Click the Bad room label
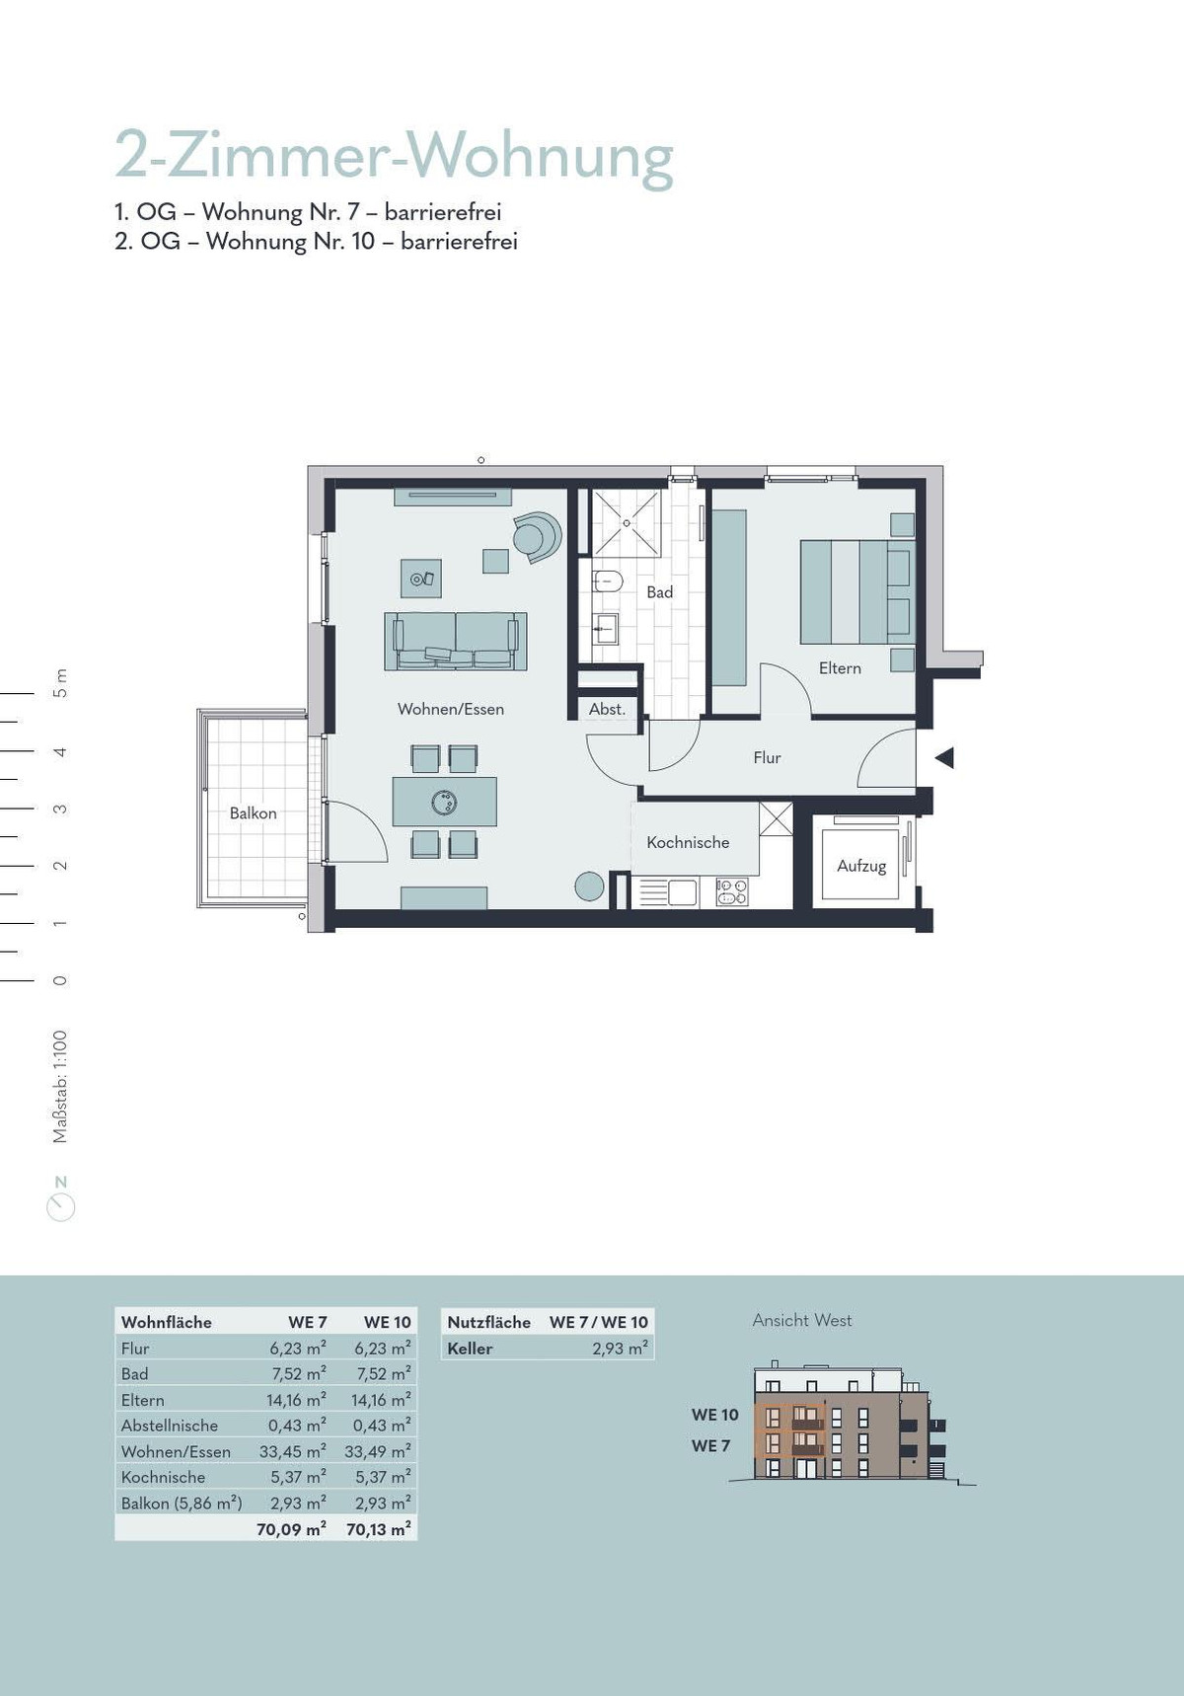(660, 592)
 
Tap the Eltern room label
(840, 668)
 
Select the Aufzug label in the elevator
(861, 866)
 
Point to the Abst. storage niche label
(607, 709)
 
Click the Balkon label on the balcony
(253, 813)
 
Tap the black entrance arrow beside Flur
(944, 758)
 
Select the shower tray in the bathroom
(625, 523)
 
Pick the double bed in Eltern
(856, 591)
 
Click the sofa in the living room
(455, 641)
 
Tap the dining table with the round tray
(444, 802)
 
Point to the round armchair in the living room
(538, 537)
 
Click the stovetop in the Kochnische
(731, 892)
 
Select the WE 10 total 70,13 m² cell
(379, 1529)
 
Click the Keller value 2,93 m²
(621, 1349)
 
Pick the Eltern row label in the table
(143, 1400)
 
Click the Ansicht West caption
(802, 1320)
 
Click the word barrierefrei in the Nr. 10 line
(459, 241)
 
